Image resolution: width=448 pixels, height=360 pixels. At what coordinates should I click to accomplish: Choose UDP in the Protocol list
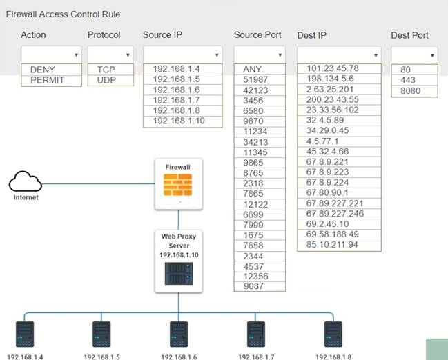coord(106,80)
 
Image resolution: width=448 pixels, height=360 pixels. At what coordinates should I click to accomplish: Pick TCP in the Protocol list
coord(106,70)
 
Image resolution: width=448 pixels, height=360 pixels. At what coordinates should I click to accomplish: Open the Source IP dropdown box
coord(182,54)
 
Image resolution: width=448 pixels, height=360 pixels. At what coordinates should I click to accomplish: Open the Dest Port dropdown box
coord(414,54)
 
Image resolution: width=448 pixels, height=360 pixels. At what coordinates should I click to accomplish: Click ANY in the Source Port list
coord(253,69)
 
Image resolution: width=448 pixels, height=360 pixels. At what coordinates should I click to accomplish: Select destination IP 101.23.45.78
coord(333,68)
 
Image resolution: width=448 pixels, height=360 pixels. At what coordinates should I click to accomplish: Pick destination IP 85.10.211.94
coord(333,245)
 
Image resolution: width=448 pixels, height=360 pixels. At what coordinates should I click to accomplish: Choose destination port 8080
coord(411,91)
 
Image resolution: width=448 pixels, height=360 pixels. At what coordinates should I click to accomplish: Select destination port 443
coord(407,80)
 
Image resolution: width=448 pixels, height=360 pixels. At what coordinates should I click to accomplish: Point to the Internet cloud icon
coord(26,182)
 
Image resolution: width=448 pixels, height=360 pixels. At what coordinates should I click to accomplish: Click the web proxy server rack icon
coord(178,274)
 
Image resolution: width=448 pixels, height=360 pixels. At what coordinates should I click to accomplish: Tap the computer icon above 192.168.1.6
coord(178,334)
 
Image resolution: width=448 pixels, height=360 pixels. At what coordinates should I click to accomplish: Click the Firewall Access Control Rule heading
coord(64,14)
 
